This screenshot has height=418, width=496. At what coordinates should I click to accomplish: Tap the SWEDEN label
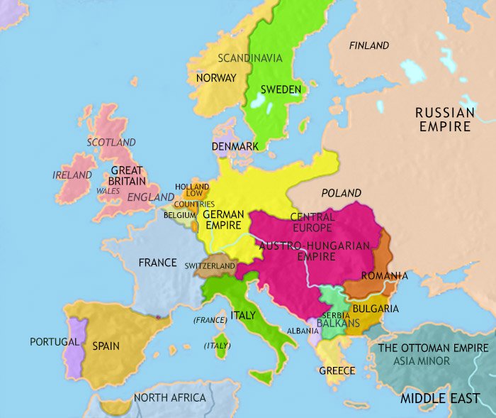pyautogui.click(x=281, y=89)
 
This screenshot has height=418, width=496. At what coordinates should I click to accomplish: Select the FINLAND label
pyautogui.click(x=369, y=45)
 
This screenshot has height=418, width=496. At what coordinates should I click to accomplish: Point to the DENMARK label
pyautogui.click(x=234, y=146)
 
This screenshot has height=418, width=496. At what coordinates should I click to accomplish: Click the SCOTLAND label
pyautogui.click(x=111, y=143)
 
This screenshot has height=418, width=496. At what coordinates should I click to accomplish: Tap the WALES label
pyautogui.click(x=108, y=191)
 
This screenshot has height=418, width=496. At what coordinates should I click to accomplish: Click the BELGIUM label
pyautogui.click(x=179, y=214)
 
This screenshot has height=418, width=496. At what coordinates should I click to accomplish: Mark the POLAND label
pyautogui.click(x=341, y=193)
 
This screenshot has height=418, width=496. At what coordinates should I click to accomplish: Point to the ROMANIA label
pyautogui.click(x=384, y=275)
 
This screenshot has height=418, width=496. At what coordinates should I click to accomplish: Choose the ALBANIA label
pyautogui.click(x=303, y=331)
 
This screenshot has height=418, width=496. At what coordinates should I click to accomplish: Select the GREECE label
pyautogui.click(x=337, y=371)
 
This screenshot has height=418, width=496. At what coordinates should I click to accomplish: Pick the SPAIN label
pyautogui.click(x=106, y=346)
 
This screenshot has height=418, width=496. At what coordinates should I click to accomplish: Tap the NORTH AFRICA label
pyautogui.click(x=169, y=397)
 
